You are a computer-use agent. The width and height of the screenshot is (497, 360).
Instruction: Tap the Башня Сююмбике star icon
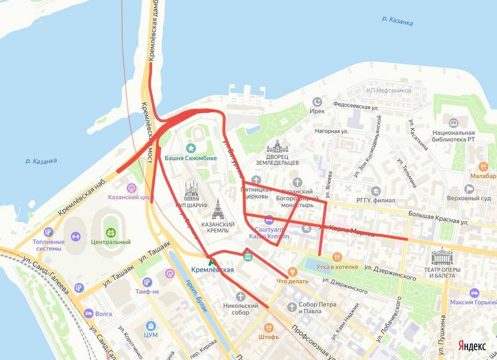tap(191, 148)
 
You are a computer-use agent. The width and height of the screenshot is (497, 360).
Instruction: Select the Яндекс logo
tap(472, 346)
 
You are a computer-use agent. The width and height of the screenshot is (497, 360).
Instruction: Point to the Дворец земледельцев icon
tap(277, 146)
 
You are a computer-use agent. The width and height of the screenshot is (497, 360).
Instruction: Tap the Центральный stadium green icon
tap(110, 232)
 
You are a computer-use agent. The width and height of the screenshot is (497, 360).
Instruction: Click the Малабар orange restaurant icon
tap(483, 166)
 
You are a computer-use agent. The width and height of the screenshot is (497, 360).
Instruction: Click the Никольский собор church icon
tap(240, 296)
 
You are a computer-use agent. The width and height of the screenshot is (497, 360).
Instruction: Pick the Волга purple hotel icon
tap(89, 313)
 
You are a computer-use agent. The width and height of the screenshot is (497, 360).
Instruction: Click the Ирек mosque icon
tap(318, 101)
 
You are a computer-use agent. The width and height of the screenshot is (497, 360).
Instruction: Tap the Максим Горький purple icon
tap(474, 293)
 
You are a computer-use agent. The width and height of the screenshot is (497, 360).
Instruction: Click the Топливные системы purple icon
tap(49, 232)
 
